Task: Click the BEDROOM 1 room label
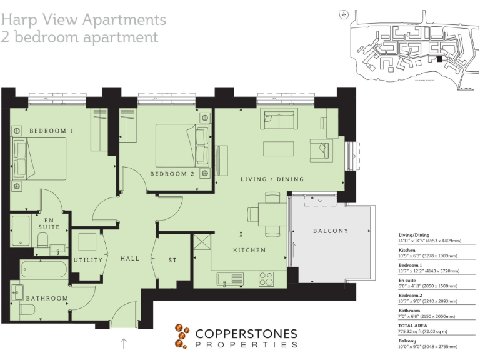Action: pyautogui.click(x=51, y=131)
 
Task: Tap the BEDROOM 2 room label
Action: pyautogui.click(x=172, y=174)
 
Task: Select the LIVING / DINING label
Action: pyautogui.click(x=272, y=179)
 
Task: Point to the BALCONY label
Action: pyautogui.click(x=331, y=231)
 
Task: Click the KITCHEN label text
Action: pyautogui.click(x=249, y=250)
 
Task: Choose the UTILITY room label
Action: pyautogui.click(x=87, y=260)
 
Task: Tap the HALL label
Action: pyautogui.click(x=130, y=259)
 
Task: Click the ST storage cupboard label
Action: pyautogui.click(x=173, y=260)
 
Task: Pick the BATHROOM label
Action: pyautogui.click(x=47, y=298)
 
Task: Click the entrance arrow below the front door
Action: pyautogui.click(x=124, y=343)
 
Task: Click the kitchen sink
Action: pyautogui.click(x=229, y=278)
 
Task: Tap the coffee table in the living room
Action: pyautogui.click(x=278, y=149)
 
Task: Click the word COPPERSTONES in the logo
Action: pyautogui.click(x=246, y=334)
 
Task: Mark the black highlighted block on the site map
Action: pyautogui.click(x=439, y=59)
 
